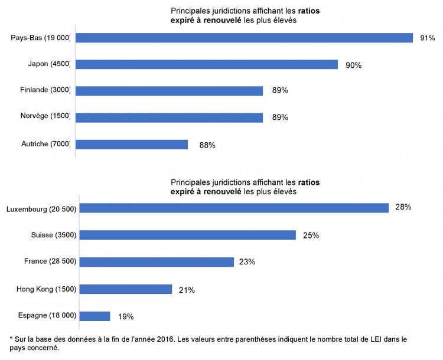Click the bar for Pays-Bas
point(245,38)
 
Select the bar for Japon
point(207,64)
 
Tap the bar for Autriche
point(132,145)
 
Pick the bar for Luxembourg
point(234,208)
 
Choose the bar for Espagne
point(95,316)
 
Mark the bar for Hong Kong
point(126,289)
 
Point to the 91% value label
point(427,38)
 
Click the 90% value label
point(353,65)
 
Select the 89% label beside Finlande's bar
point(279,91)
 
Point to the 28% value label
point(403,207)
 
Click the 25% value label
point(311,235)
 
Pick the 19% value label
point(125,317)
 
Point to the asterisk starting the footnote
point(11,339)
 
